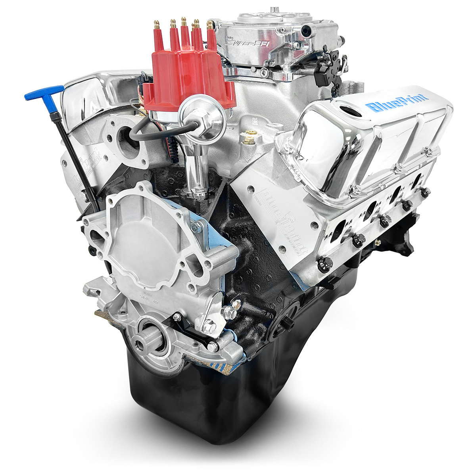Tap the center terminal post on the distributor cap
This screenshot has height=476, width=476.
tap(184, 25)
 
